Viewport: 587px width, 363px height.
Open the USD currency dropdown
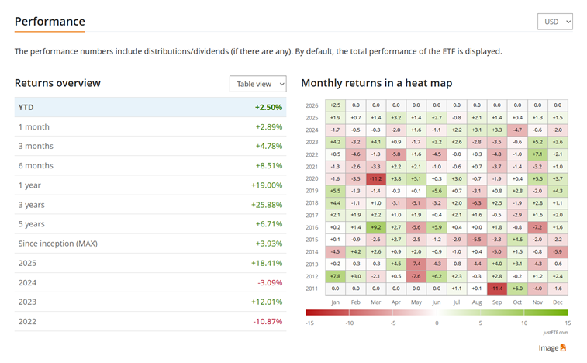554,22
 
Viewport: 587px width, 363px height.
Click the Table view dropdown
257,84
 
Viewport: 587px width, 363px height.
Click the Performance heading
50,21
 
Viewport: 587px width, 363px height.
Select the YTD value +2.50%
268,107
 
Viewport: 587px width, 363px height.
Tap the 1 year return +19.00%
268,185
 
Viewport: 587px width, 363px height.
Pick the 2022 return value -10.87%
268,321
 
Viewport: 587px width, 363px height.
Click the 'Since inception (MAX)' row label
57,244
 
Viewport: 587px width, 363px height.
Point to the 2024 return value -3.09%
269,282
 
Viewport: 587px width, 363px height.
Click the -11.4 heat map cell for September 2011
497,289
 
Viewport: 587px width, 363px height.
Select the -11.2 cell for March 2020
375,178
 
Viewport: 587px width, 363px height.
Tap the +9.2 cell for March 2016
375,227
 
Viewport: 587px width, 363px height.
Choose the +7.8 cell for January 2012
335,276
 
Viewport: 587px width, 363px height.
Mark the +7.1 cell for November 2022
537,154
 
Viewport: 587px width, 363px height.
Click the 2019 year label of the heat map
312,191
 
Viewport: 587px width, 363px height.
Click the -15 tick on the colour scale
309,323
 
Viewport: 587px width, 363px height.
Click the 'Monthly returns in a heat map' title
376,83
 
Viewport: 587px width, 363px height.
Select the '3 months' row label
36,146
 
